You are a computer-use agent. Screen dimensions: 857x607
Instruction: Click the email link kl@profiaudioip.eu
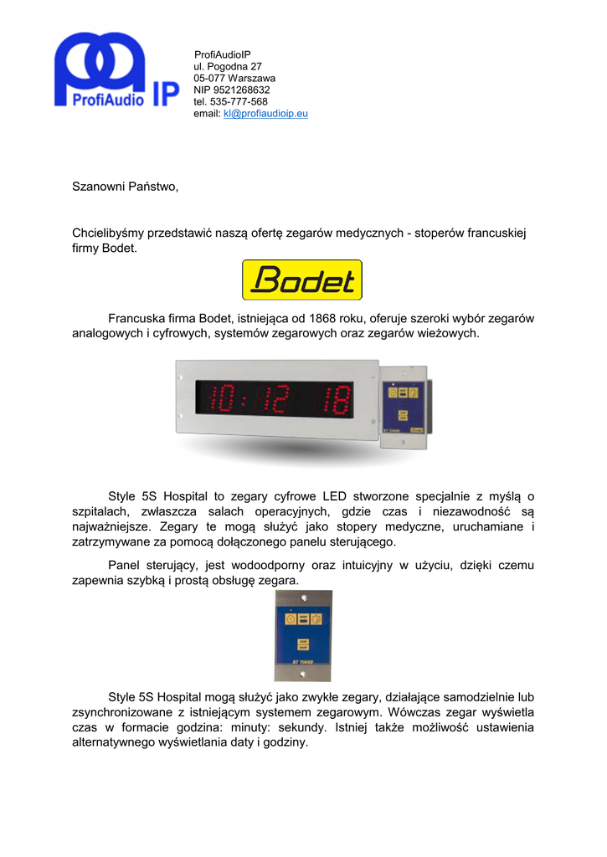click(265, 114)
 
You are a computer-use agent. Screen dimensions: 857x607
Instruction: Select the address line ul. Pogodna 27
click(228, 66)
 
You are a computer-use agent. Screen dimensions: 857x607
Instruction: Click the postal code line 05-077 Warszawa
click(234, 78)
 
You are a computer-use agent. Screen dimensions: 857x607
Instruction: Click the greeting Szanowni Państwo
click(126, 187)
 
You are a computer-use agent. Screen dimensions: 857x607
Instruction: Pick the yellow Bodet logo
click(302, 280)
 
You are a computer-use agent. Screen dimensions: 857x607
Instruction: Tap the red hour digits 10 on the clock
click(222, 399)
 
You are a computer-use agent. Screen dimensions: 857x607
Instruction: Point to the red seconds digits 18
click(336, 399)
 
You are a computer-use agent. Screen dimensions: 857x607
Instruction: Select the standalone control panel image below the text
click(302, 635)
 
